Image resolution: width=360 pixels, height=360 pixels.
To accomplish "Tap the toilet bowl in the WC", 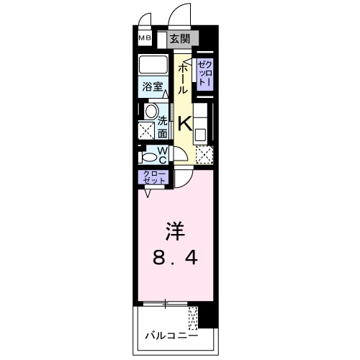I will tap(149, 156).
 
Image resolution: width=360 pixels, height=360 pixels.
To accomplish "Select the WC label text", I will tap(163, 155).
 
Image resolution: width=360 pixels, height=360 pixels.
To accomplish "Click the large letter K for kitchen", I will tap(184, 123).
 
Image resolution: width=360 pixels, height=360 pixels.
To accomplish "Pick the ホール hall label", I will tap(183, 78).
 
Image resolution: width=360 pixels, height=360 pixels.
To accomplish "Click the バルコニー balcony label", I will tap(171, 335).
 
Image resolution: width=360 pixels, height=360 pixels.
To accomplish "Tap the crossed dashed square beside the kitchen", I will tap(205, 155).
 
